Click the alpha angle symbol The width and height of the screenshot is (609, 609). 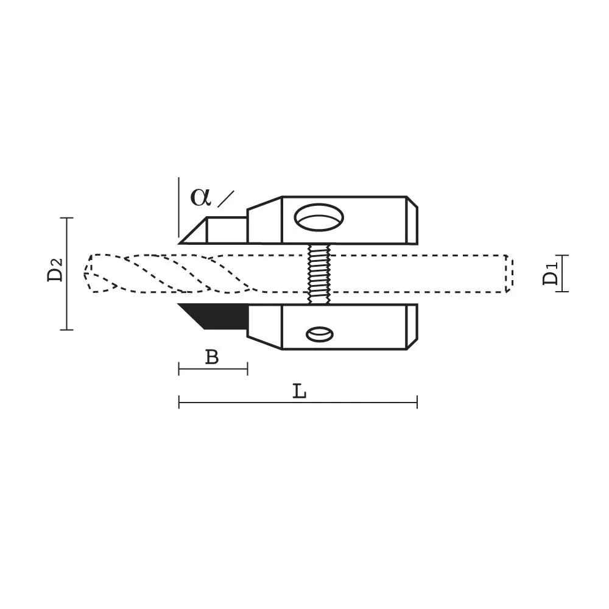[x=200, y=197]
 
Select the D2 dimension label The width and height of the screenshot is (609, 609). [x=55, y=270]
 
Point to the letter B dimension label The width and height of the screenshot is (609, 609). [x=211, y=357]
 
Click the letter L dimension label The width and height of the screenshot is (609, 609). [x=299, y=392]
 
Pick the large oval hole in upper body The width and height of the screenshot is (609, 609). [x=319, y=217]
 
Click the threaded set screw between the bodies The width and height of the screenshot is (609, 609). [x=319, y=274]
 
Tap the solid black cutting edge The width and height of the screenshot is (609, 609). [x=216, y=315]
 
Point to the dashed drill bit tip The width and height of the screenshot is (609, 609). [x=89, y=273]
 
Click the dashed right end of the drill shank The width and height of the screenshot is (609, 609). [x=509, y=273]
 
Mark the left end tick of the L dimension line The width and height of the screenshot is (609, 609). [x=179, y=402]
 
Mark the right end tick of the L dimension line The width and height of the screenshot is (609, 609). [x=417, y=402]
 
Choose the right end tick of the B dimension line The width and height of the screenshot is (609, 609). [x=247, y=368]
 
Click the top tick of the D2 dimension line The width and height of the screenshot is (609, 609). [x=66, y=217]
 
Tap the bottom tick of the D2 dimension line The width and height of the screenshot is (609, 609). [x=66, y=329]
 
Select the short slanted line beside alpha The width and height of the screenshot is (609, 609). [x=225, y=199]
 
